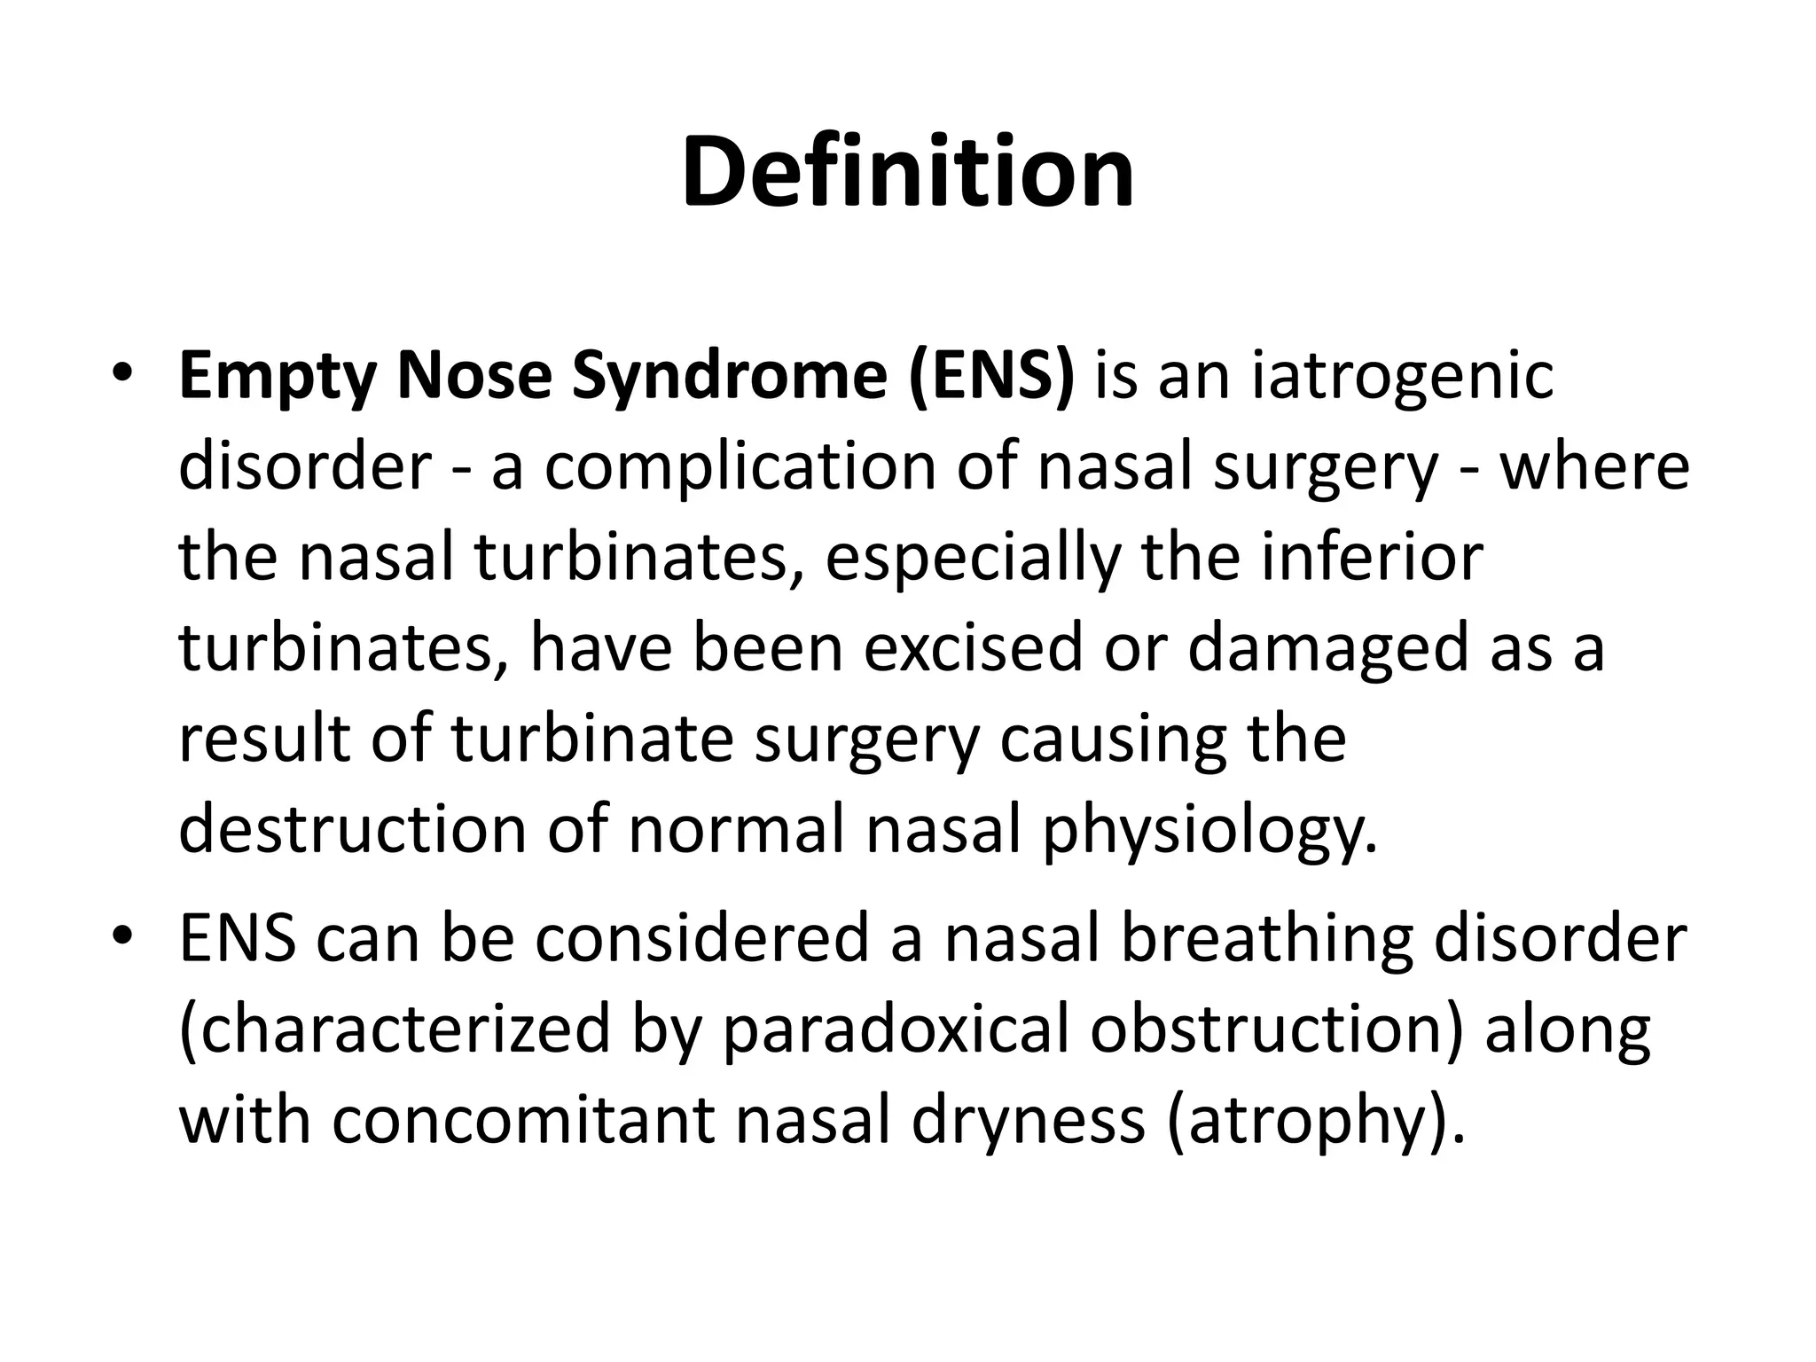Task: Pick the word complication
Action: [740, 469]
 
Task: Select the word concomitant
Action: [523, 1121]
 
